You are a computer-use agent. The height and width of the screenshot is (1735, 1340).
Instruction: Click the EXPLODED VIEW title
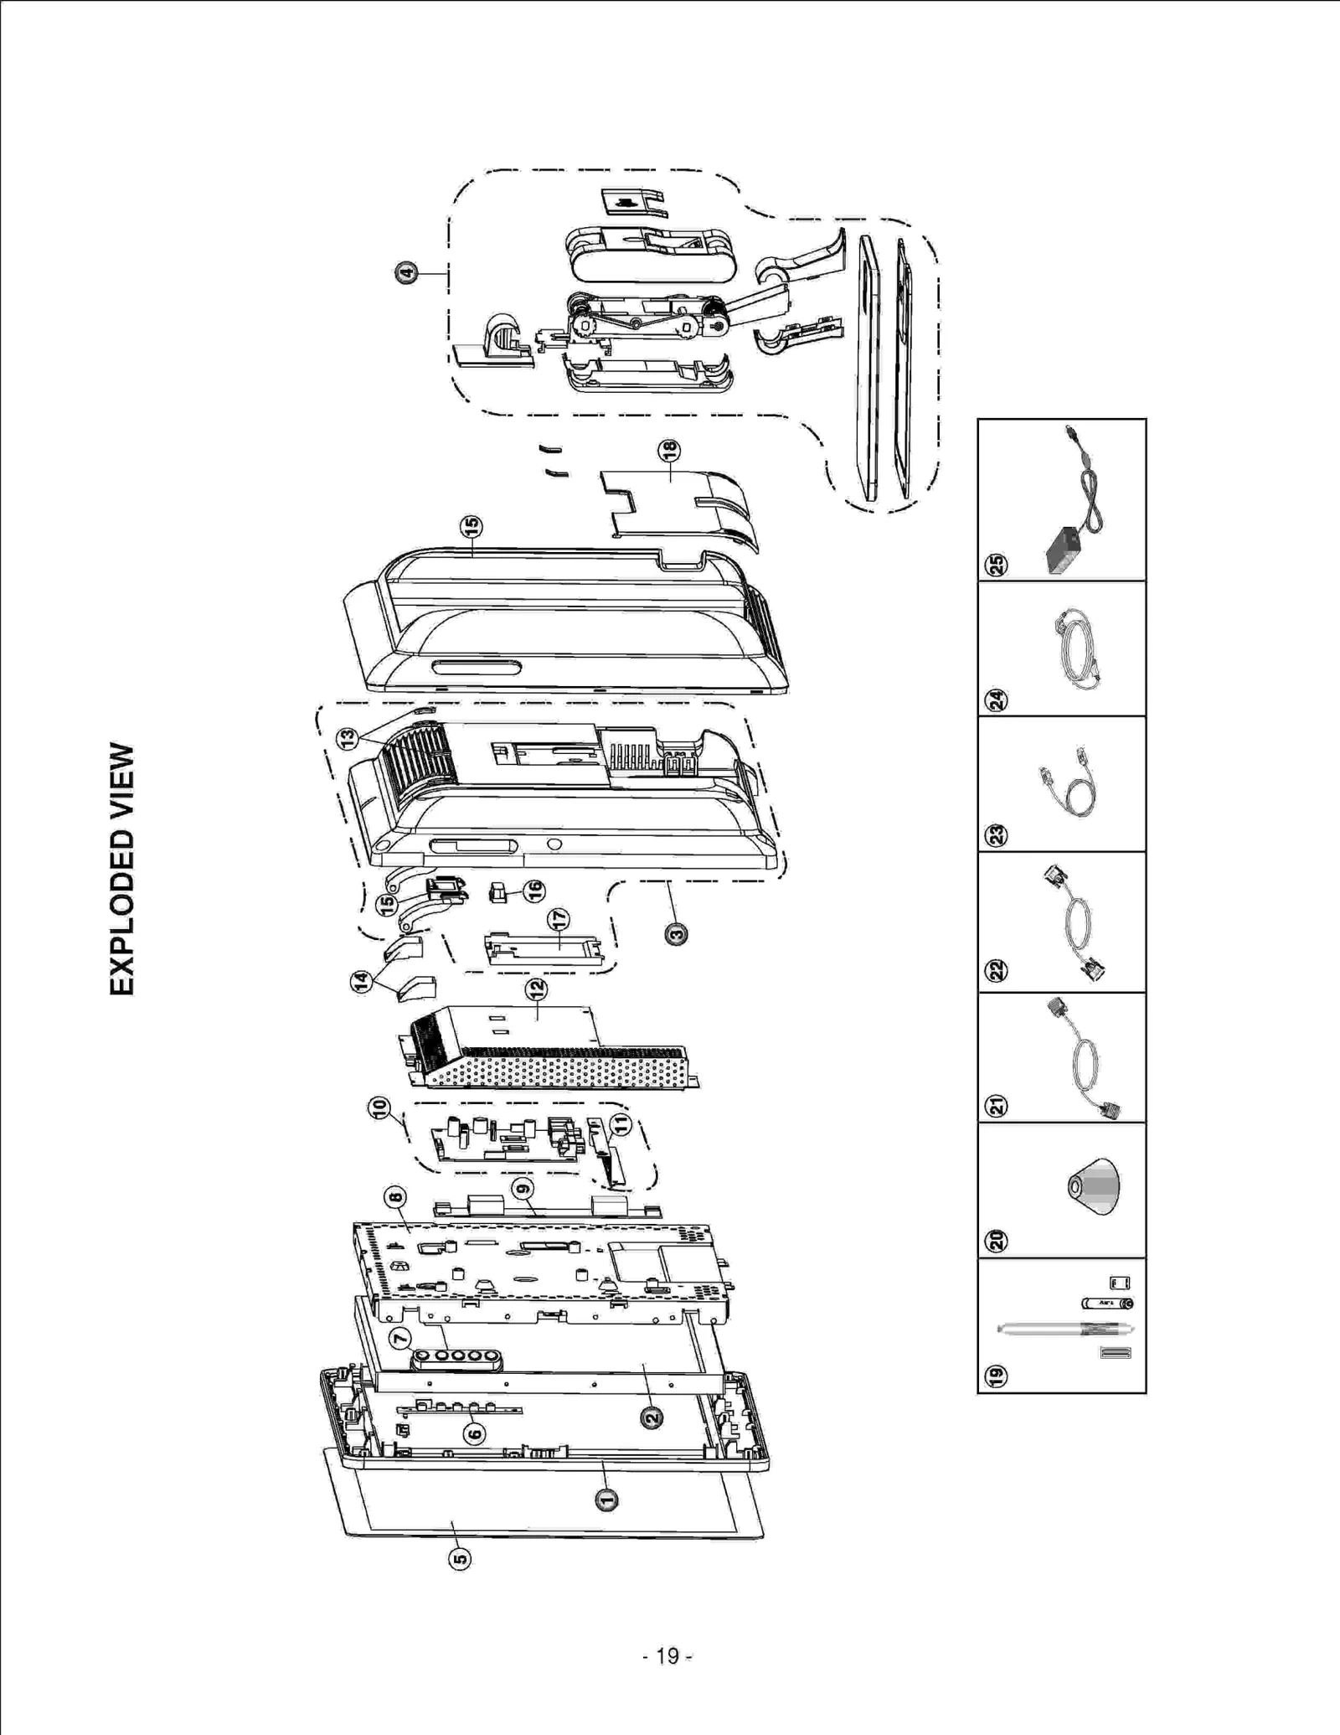121,869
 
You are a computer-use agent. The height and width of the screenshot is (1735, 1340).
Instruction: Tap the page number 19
667,1656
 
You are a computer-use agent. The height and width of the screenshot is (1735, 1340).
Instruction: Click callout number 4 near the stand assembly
406,272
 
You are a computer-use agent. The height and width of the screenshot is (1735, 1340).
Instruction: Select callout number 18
669,451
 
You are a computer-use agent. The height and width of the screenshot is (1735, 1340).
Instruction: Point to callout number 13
348,738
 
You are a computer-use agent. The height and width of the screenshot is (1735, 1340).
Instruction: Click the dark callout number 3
676,933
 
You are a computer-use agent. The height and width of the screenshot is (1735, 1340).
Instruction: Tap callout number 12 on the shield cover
536,989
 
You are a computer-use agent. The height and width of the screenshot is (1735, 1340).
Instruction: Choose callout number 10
379,1108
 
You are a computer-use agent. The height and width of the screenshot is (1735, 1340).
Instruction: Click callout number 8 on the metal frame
395,1197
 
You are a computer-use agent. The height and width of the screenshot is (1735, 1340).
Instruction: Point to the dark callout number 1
606,1500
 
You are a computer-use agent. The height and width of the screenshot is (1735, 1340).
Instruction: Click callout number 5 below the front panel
460,1558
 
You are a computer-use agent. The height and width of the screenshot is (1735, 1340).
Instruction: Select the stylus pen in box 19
1064,1329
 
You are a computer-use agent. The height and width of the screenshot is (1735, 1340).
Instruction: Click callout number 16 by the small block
533,891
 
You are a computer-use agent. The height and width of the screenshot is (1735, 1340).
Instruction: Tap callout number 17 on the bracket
559,920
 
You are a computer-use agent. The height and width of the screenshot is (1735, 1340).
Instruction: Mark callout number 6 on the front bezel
474,1433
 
